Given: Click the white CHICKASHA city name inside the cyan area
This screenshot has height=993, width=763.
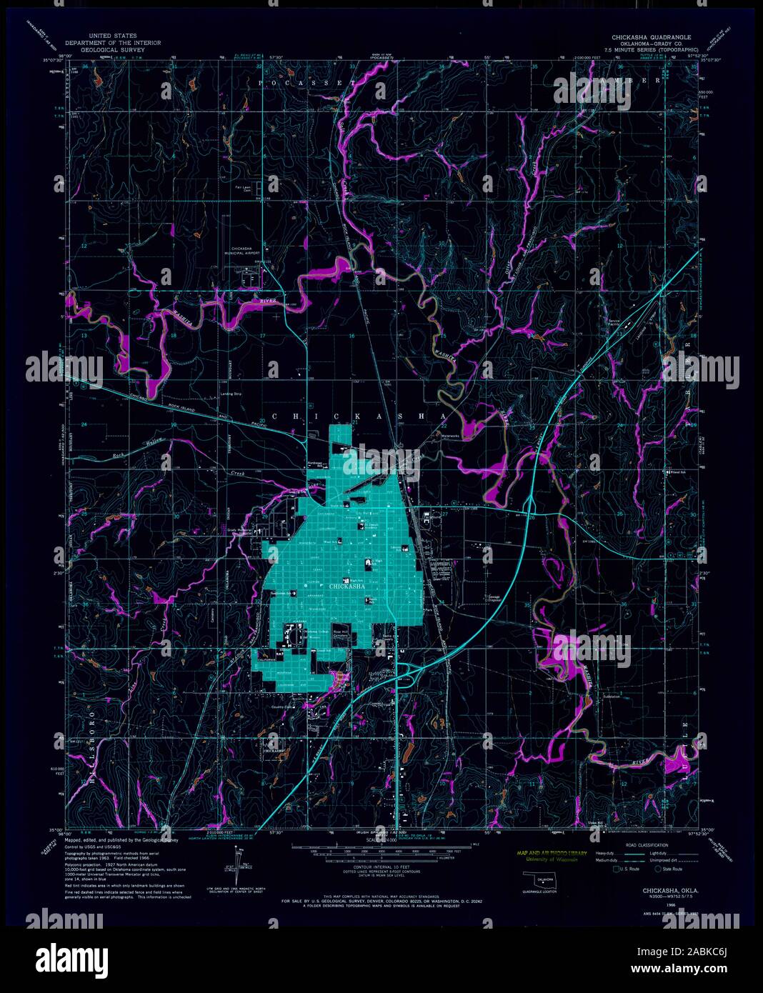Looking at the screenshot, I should point(348,587).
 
